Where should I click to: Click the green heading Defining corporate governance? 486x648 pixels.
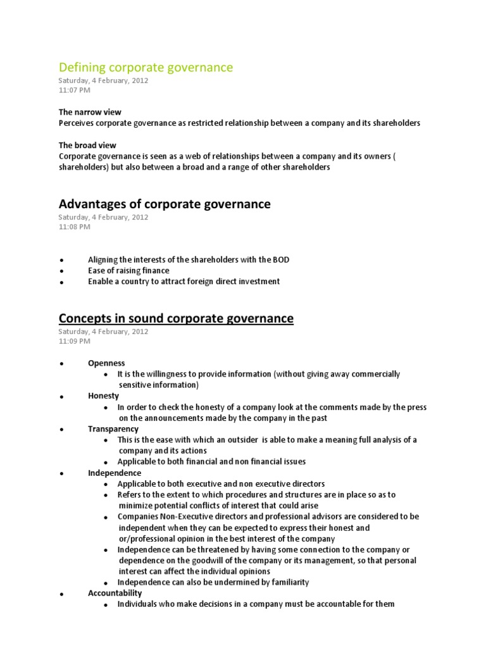point(146,67)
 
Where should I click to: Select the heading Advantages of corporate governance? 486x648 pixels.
point(165,204)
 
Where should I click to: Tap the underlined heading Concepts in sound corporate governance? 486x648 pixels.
point(176,318)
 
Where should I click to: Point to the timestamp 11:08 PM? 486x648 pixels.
point(74,227)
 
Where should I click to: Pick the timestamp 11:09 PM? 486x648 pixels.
point(74,341)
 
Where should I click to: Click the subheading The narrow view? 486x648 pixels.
point(90,112)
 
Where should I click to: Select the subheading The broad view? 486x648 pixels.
point(87,145)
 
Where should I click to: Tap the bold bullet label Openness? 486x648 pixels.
point(106,363)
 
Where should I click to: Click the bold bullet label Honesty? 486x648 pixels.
point(103,396)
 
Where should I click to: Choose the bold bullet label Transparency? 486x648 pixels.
point(113,429)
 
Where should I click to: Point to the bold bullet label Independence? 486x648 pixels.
point(115,473)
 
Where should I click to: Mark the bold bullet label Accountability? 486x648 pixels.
point(115,593)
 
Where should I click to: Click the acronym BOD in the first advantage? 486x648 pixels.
point(281,260)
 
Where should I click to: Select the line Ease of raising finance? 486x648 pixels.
point(128,271)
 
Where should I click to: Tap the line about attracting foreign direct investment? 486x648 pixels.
point(184,282)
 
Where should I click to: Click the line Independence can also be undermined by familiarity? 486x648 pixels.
point(213,582)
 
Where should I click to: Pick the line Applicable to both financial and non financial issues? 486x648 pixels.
point(211,461)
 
